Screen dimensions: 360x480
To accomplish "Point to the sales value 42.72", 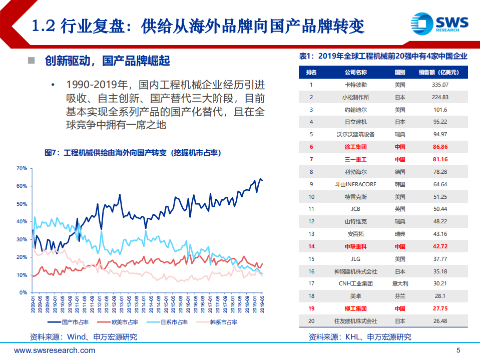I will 439,246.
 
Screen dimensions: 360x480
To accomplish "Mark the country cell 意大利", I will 400,283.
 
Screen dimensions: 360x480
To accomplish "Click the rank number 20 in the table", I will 311,321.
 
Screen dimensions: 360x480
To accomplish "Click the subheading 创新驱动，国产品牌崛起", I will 107,61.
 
